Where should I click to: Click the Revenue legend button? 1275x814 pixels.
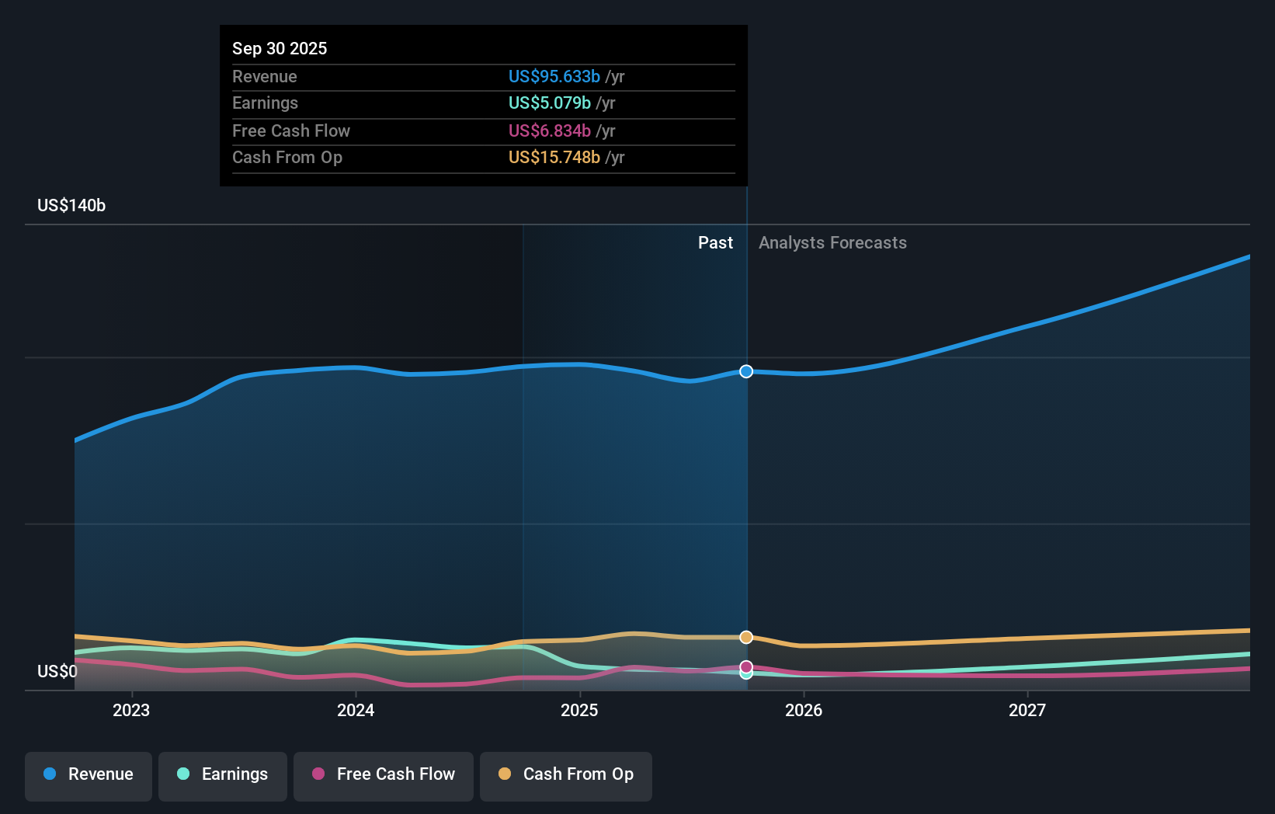tap(89, 775)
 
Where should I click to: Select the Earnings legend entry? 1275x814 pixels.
tap(223, 775)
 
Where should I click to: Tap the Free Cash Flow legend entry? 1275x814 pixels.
tap(384, 775)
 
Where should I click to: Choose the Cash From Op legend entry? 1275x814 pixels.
tap(566, 775)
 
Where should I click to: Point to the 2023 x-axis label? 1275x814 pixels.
tap(131, 711)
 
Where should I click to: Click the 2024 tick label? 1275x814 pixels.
tap(356, 711)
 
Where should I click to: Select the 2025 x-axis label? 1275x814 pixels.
tap(579, 711)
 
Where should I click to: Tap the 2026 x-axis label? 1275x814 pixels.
tap(804, 711)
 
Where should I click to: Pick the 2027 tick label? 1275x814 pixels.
tap(1027, 711)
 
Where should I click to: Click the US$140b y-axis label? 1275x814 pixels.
tap(71, 206)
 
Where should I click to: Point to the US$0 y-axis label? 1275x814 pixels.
tap(57, 672)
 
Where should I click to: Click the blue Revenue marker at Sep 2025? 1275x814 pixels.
tap(746, 371)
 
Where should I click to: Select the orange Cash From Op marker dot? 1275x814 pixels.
tap(746, 638)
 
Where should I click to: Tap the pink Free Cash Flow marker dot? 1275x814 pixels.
tap(746, 666)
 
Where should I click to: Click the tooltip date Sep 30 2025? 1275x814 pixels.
tap(280, 49)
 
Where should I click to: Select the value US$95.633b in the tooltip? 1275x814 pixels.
tap(554, 77)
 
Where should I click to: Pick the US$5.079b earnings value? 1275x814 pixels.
tap(549, 103)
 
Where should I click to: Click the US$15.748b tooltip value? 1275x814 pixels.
tap(554, 158)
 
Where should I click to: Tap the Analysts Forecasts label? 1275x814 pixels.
tap(832, 243)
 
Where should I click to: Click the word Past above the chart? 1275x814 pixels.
tap(715, 243)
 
